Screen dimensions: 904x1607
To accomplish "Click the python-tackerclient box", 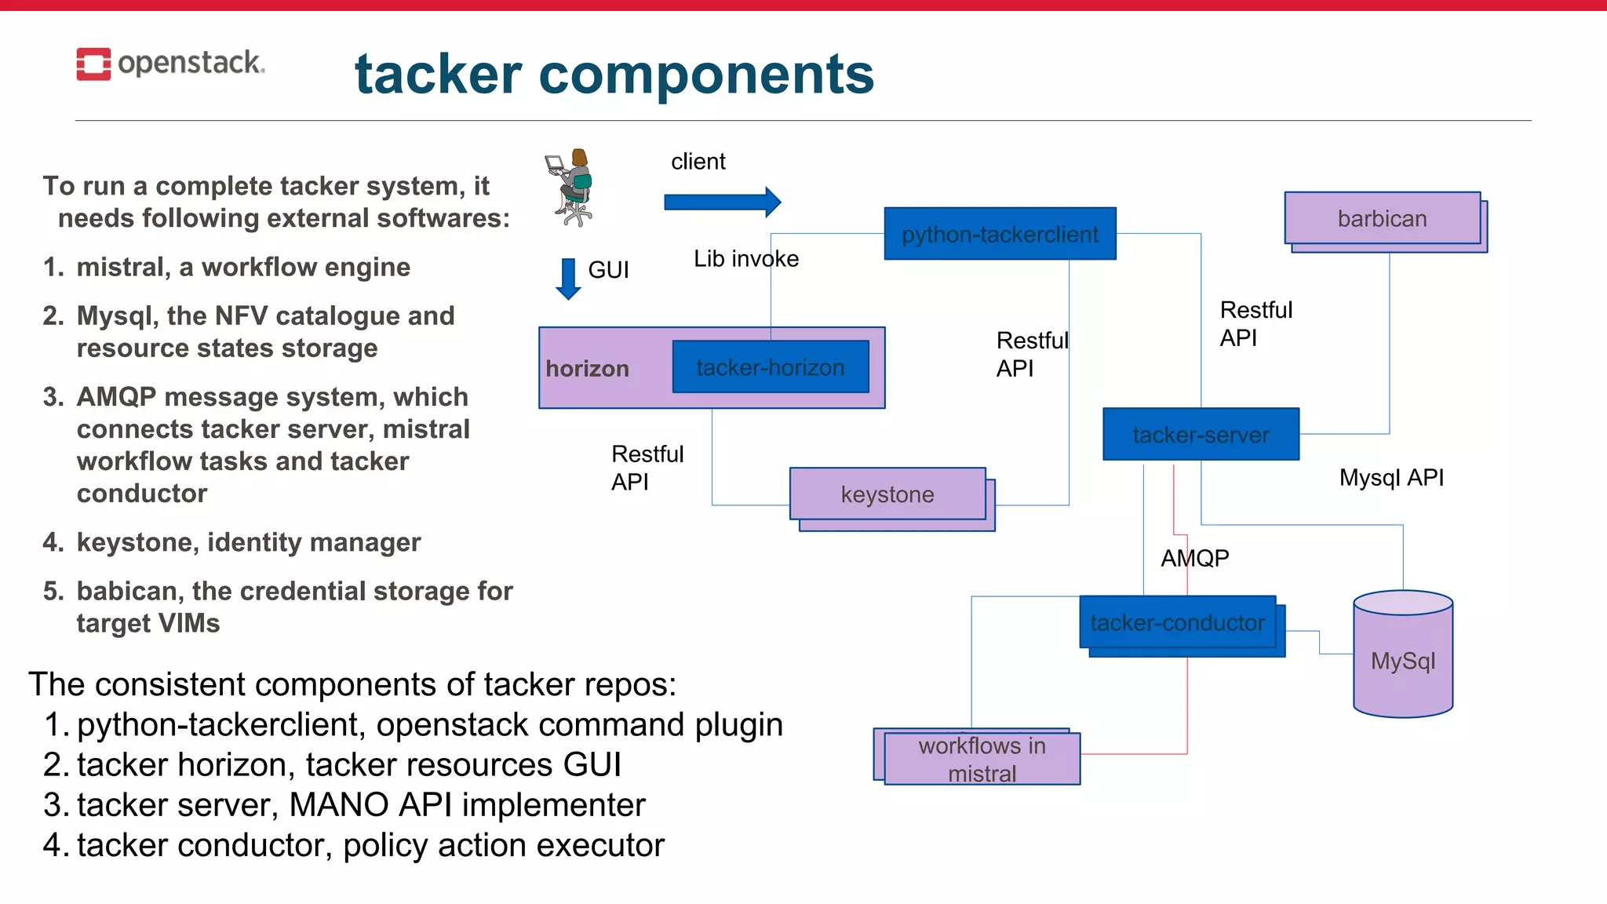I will (1000, 234).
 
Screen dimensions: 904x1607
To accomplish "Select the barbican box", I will (1382, 218).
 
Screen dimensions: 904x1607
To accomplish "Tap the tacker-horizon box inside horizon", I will (770, 367).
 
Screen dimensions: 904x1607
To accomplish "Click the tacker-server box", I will (1201, 434).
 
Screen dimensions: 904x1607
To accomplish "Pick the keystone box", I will (887, 494).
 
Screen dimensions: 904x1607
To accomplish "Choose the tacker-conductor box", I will (1177, 622).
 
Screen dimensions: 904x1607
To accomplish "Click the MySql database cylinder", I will (1403, 655).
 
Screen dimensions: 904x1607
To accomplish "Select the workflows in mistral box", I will (982, 759).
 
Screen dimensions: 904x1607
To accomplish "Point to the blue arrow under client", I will (722, 202).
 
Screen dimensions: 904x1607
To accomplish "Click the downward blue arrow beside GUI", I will (568, 279).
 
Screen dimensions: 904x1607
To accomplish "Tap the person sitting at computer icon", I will (570, 188).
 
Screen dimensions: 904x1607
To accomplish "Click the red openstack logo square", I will (93, 64).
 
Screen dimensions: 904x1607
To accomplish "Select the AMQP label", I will (1194, 558).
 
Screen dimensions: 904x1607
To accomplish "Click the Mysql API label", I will (1391, 477).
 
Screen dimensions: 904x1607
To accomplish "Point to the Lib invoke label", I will (745, 259).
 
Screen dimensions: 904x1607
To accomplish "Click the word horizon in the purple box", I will (587, 369).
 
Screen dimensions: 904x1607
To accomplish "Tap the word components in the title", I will (705, 75).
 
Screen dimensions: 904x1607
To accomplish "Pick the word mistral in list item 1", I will (123, 268).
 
